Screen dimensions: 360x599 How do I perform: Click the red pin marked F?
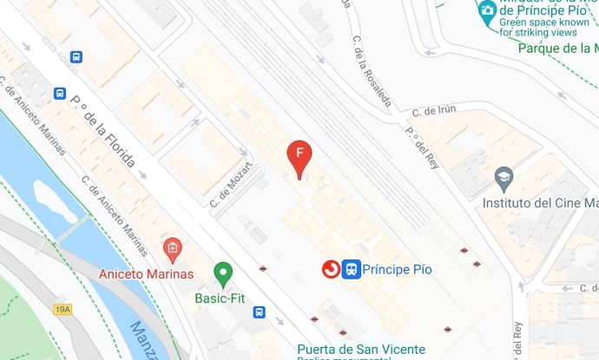299,157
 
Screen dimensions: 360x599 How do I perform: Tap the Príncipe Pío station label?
397,270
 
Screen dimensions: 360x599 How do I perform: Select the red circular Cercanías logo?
330,270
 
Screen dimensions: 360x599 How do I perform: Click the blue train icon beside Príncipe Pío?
351,270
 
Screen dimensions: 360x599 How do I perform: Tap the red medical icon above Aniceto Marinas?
172,250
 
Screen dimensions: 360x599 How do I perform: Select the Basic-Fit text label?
219,298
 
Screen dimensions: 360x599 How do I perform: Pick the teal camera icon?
487,11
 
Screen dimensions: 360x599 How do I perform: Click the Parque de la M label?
557,49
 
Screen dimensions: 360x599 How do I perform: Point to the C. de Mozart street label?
231,184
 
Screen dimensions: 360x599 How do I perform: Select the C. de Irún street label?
434,110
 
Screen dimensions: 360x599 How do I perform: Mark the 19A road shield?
63,309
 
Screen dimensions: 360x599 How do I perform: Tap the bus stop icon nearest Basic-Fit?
259,311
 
